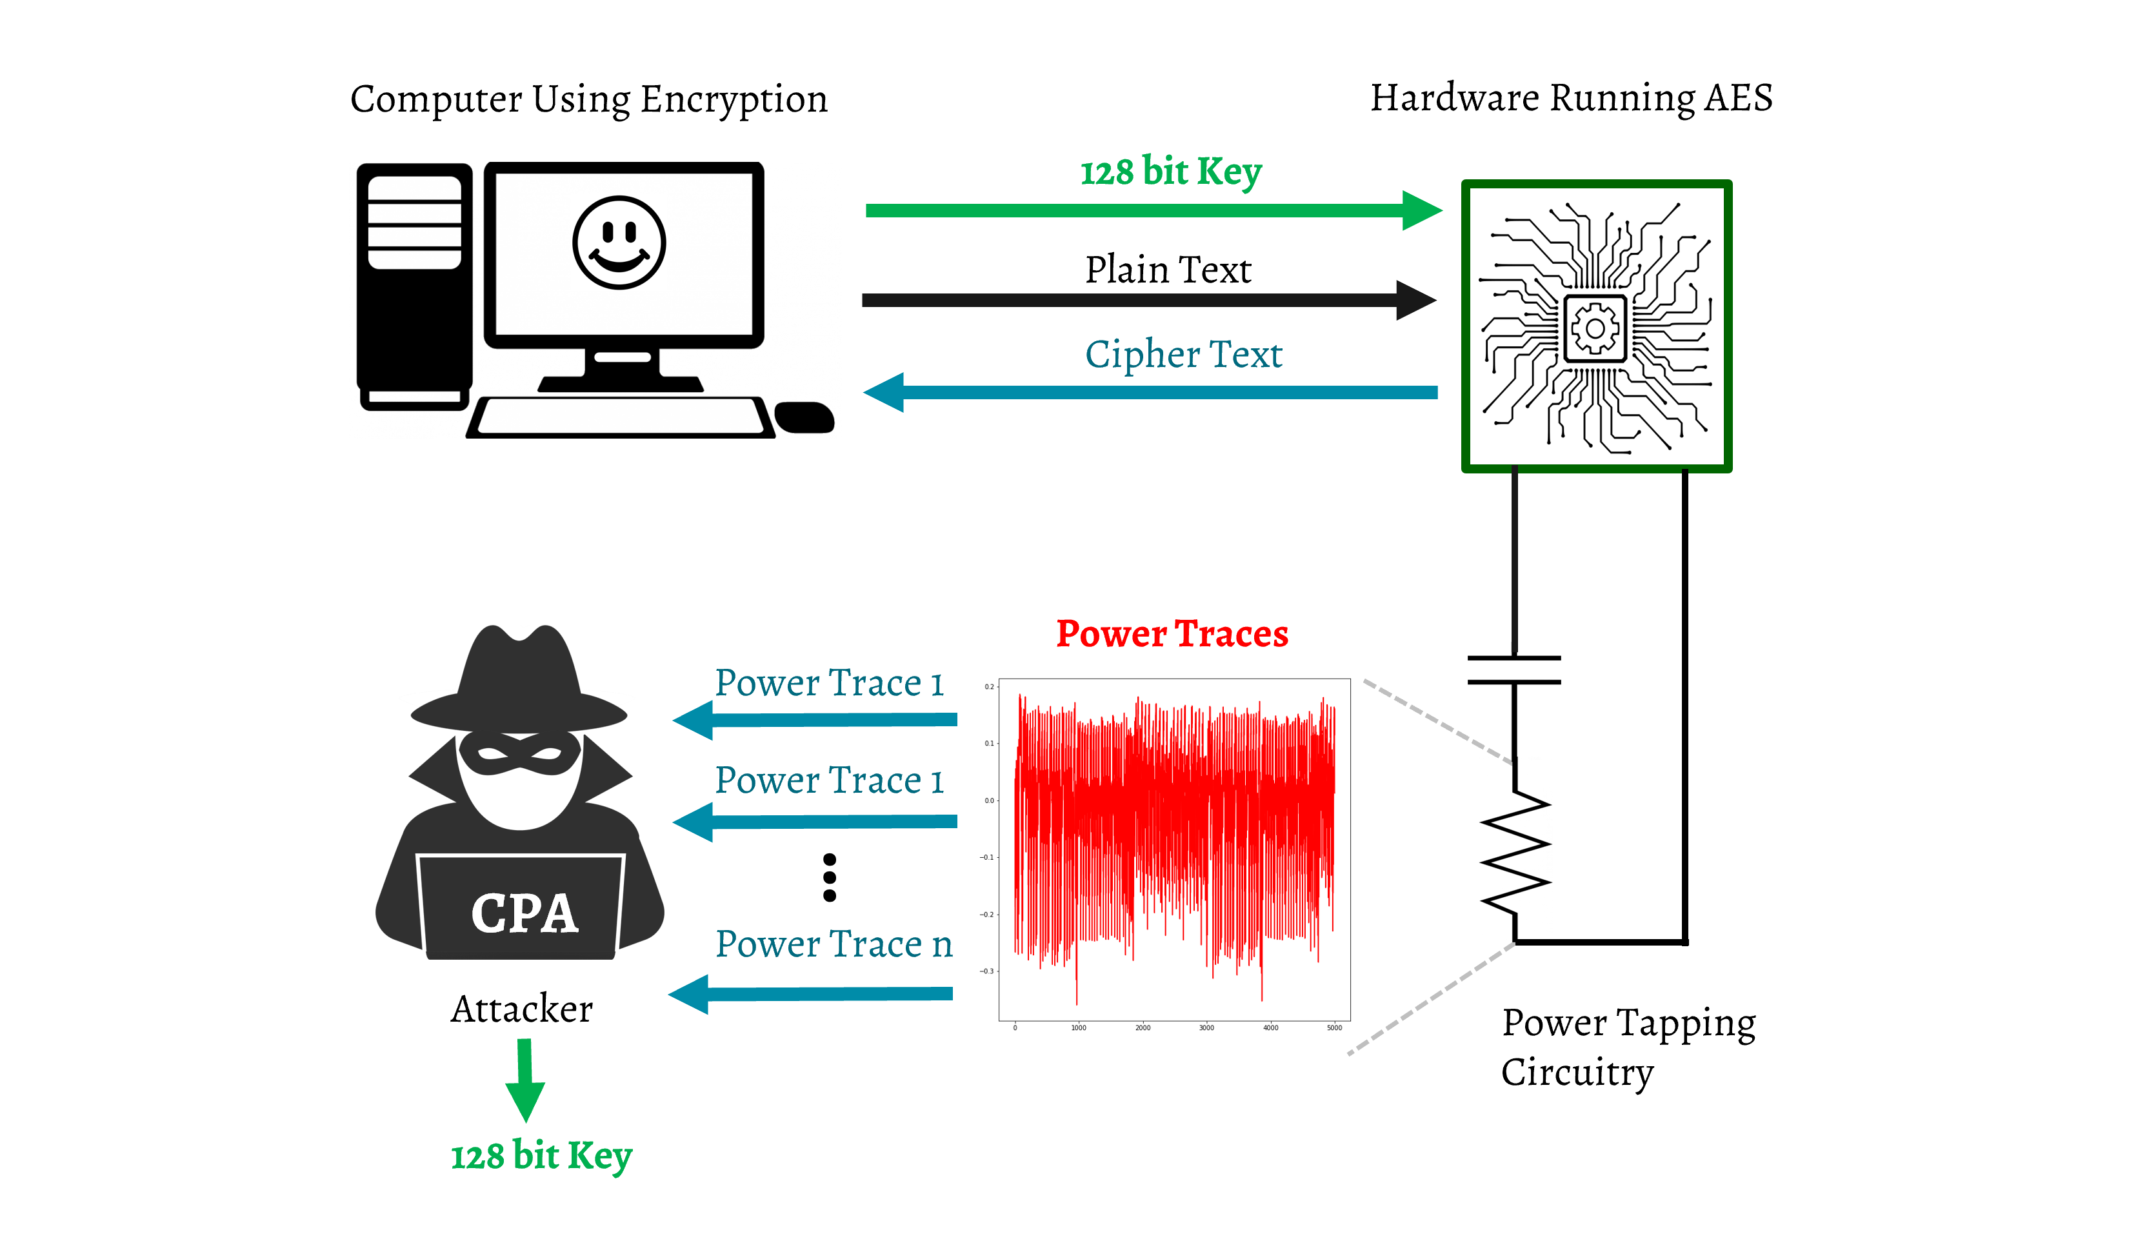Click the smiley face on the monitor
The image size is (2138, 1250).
619,243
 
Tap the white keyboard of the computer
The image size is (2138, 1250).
620,415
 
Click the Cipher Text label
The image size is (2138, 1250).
1184,355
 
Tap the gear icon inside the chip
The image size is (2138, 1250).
1594,328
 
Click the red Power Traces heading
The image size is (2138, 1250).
1172,633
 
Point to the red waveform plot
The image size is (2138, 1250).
1174,848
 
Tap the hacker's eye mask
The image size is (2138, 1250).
519,753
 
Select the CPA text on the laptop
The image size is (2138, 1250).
525,913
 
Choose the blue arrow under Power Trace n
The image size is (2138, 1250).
811,994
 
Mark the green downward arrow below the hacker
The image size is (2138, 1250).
525,1078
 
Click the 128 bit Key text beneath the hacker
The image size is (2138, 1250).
541,1156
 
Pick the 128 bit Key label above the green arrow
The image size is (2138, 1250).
1171,172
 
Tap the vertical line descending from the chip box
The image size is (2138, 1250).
1514,560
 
